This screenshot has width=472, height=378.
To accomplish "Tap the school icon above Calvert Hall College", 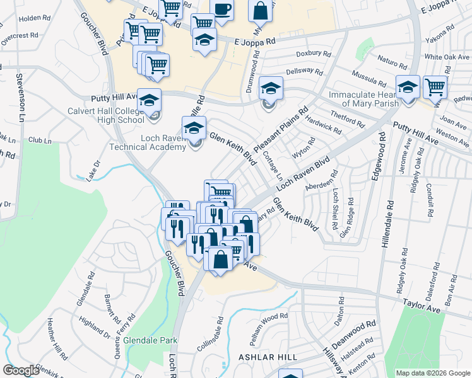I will pos(150,100).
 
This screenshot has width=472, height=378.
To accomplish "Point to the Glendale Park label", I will pos(150,340).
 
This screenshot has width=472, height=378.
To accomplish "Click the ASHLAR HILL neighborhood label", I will pos(268,357).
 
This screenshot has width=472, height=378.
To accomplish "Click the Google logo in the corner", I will pos(21,370).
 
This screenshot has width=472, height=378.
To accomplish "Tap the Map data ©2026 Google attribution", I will pos(432,373).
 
